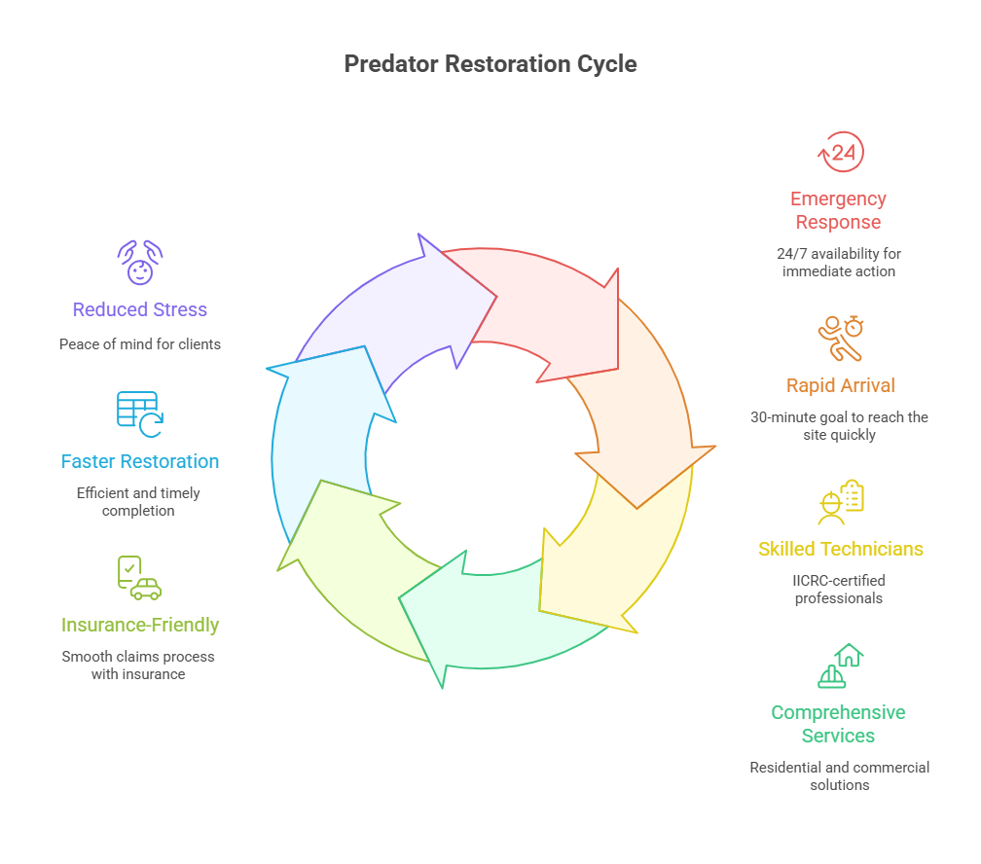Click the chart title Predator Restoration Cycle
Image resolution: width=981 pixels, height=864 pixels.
click(490, 64)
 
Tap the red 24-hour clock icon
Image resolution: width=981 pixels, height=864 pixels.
click(840, 153)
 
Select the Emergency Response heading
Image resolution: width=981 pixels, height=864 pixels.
click(838, 210)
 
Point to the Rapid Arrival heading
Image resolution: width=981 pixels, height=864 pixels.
click(840, 385)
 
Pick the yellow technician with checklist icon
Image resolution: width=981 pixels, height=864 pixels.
click(840, 502)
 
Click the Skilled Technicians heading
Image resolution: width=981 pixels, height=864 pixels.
click(840, 549)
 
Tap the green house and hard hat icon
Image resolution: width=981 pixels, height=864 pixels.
click(840, 666)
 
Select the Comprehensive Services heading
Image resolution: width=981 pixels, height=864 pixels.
click(838, 724)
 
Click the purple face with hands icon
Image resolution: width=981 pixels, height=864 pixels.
click(140, 263)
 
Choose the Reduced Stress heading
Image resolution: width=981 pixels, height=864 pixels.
click(140, 309)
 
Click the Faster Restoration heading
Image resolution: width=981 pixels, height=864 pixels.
click(140, 461)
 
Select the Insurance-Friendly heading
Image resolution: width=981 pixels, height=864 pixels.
click(140, 625)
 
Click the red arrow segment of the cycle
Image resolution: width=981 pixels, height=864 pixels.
click(545, 311)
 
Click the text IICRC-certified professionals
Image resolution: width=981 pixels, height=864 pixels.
click(838, 590)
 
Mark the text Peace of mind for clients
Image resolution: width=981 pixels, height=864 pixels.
click(140, 343)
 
